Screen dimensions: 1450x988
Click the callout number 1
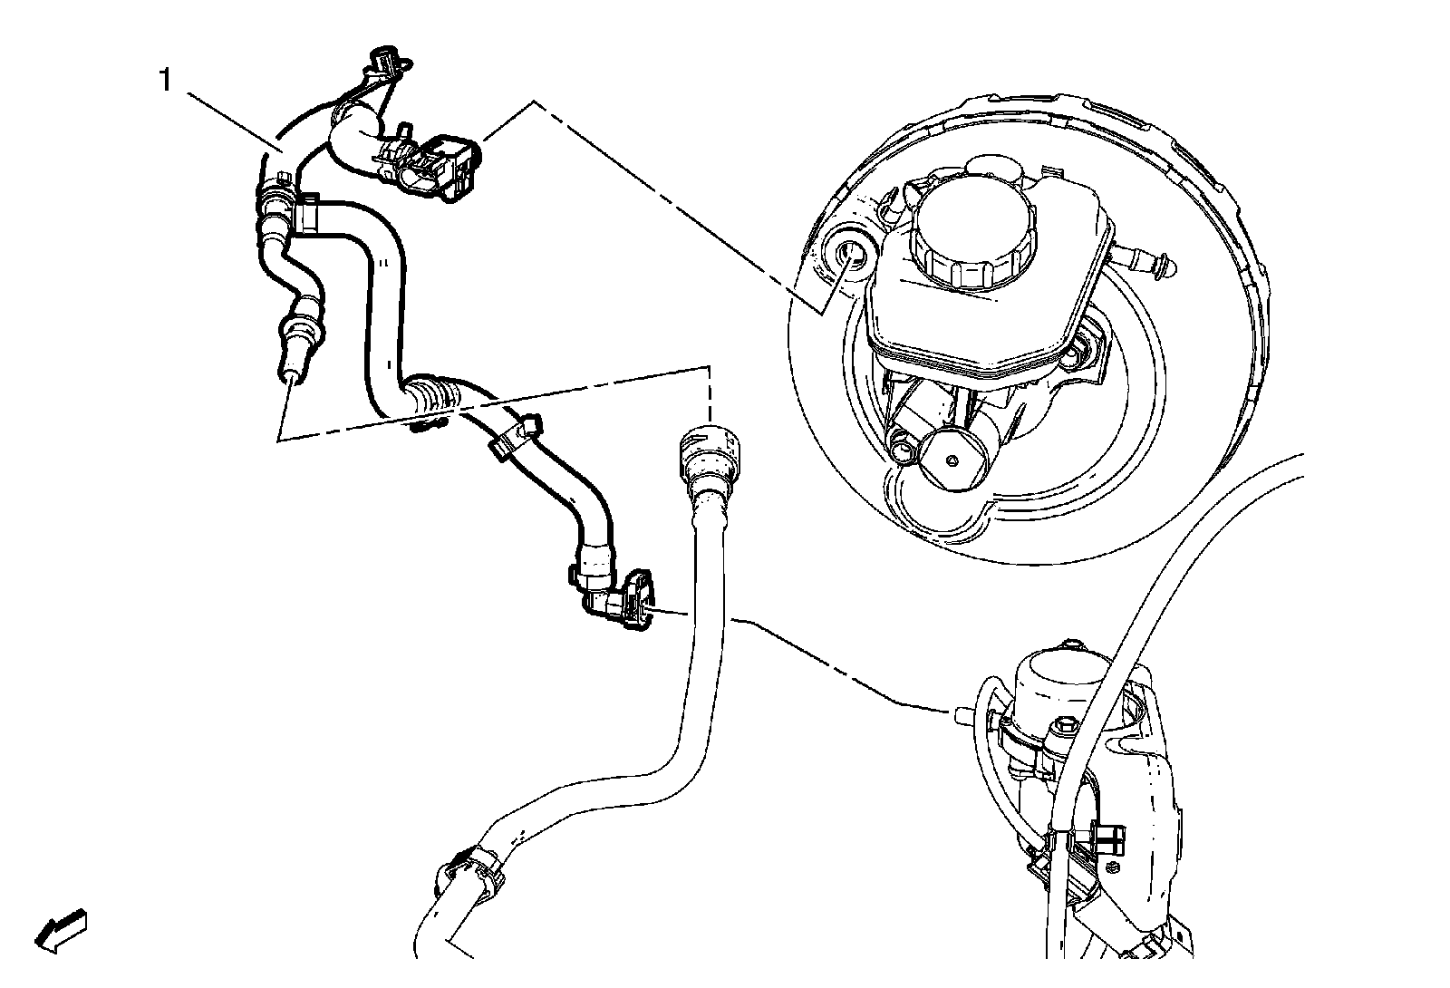[166, 81]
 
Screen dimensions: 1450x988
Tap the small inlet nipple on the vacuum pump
[964, 714]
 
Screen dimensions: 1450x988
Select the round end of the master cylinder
[951, 459]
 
